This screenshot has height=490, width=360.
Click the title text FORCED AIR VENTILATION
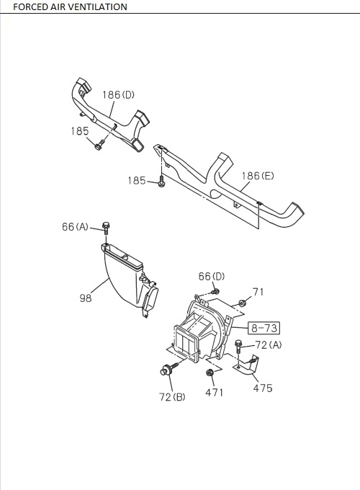(71, 7)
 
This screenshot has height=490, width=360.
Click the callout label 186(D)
(119, 94)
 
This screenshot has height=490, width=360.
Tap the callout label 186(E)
(258, 176)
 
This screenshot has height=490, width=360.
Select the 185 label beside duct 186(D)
(80, 131)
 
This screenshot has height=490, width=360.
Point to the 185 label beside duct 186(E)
(137, 181)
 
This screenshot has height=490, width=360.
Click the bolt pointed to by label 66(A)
(106, 228)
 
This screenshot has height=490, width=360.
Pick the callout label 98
(86, 298)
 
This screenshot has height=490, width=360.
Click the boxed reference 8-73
(264, 328)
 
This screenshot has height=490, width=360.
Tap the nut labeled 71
(242, 303)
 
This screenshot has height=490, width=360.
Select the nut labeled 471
(210, 373)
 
